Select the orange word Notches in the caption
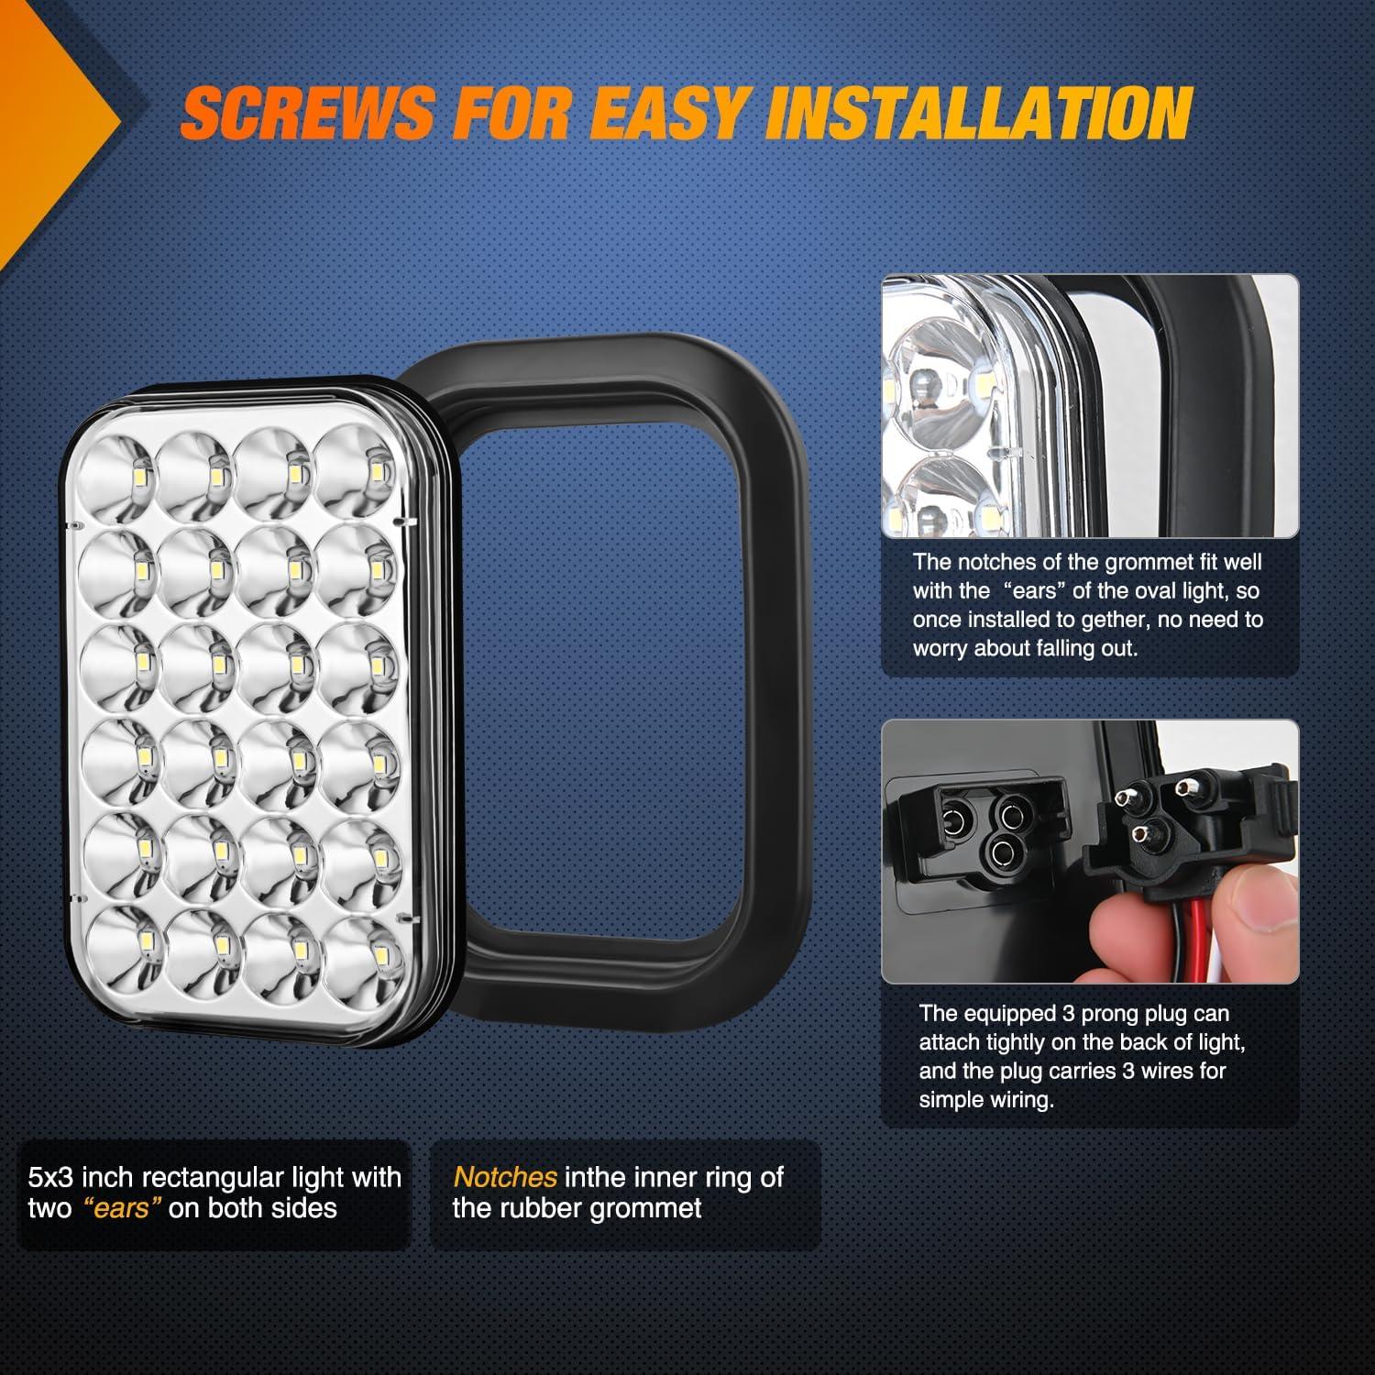pyautogui.click(x=505, y=1177)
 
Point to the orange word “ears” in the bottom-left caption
pyautogui.click(x=122, y=1208)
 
